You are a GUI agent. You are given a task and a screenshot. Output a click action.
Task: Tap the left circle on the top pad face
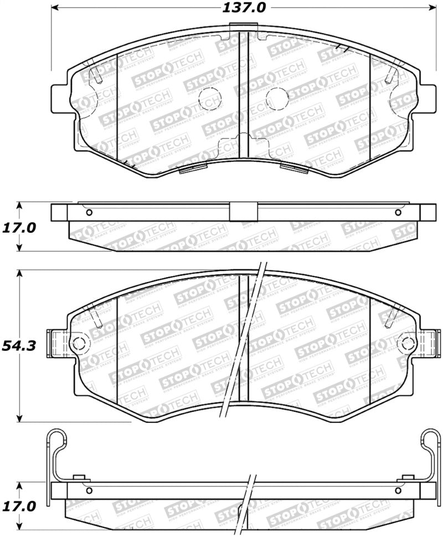click(x=210, y=99)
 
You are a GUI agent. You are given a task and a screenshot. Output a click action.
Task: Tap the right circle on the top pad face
click(x=277, y=99)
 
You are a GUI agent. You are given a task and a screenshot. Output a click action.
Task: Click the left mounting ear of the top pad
click(x=60, y=98)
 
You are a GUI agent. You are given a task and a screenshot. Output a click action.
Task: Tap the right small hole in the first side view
click(x=398, y=213)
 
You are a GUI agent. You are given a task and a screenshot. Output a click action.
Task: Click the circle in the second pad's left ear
click(x=79, y=344)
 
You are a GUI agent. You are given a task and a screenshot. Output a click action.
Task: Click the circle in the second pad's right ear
click(x=409, y=344)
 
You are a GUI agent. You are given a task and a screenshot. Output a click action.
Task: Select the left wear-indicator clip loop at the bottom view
click(x=55, y=438)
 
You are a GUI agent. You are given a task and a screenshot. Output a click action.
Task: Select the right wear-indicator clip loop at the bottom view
click(x=432, y=438)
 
